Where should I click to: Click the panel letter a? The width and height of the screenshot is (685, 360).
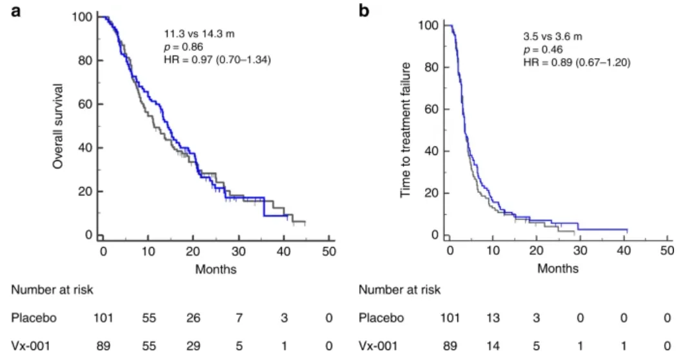click(18, 11)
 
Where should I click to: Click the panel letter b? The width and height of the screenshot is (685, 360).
click(363, 11)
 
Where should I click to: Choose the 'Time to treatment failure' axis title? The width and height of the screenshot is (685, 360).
click(406, 130)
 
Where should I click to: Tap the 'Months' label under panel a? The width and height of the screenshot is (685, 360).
click(216, 269)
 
